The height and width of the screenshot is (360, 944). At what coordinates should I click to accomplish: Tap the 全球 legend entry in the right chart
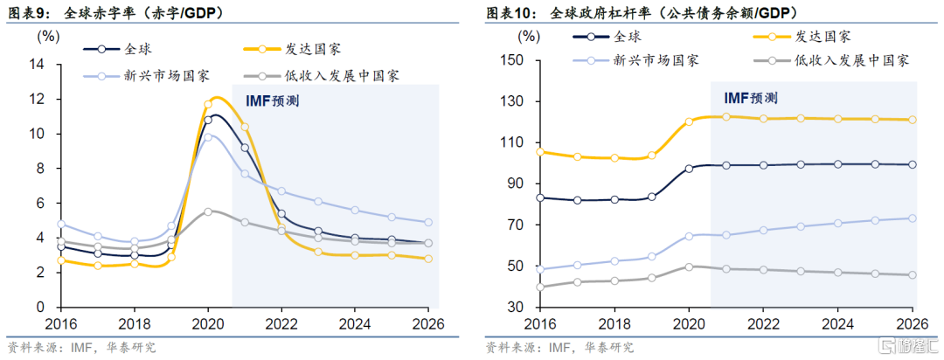click(628, 36)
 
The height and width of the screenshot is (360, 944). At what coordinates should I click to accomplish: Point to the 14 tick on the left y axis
click(37, 65)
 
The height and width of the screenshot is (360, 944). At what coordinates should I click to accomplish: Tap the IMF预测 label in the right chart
click(751, 98)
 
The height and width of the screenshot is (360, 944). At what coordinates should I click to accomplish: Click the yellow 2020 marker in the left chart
click(208, 105)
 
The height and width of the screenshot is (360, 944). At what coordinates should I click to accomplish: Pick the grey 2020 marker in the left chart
click(208, 211)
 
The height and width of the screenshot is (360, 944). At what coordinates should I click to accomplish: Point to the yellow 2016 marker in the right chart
click(539, 152)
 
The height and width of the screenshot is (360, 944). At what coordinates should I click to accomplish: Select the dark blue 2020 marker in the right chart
click(689, 169)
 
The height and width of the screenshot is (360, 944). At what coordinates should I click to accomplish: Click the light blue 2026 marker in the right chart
click(913, 218)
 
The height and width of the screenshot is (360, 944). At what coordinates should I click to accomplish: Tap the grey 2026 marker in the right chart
click(913, 275)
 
